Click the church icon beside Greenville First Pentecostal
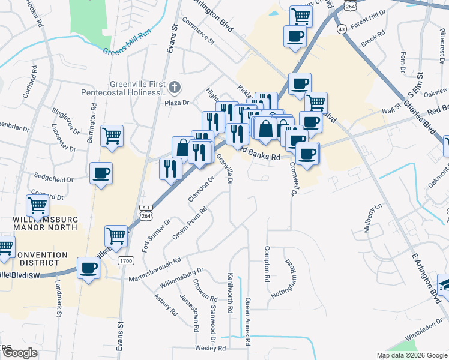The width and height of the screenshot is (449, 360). [x=174, y=88]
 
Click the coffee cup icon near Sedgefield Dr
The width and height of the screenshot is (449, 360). [x=100, y=174]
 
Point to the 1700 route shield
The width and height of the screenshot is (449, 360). [x=125, y=260]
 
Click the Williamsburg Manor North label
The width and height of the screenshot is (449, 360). [x=45, y=223]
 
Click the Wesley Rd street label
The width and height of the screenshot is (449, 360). [x=209, y=348]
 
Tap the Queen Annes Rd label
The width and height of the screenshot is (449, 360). [x=247, y=322]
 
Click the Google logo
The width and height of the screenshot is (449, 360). [x=20, y=353]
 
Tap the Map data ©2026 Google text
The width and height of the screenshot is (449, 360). [x=412, y=355]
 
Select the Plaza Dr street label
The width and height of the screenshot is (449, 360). [x=177, y=103]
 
